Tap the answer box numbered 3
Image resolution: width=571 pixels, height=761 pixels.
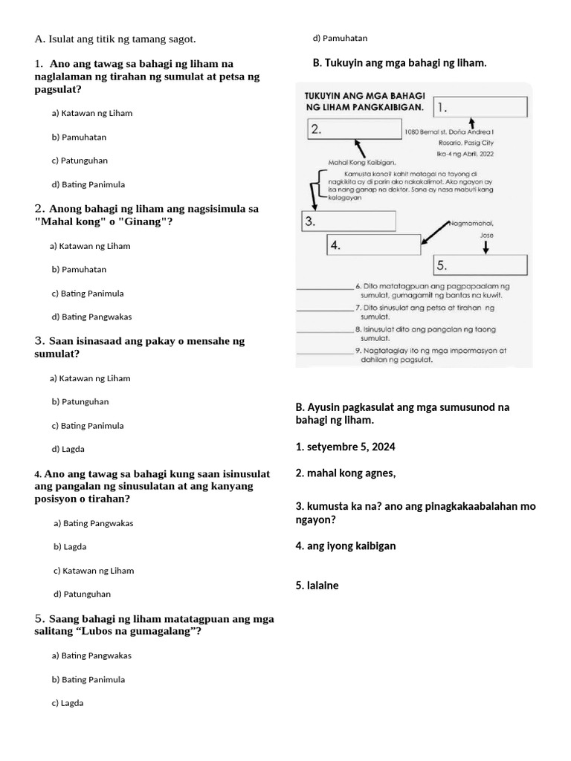tap(348, 221)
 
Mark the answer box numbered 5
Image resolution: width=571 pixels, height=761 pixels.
tap(480, 265)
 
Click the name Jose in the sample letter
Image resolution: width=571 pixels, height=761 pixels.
tap(487, 235)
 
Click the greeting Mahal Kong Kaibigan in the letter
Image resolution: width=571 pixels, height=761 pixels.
tap(362, 161)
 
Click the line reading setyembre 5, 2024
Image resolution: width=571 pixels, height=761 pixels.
tap(345, 447)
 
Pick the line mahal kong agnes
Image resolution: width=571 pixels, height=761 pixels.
tap(345, 473)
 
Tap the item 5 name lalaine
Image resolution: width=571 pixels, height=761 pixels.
tap(317, 586)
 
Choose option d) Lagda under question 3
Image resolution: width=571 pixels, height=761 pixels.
tap(68, 450)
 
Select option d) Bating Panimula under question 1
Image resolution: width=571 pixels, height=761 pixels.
tap(88, 184)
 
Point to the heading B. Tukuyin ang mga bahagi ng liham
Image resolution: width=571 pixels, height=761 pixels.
tap(400, 63)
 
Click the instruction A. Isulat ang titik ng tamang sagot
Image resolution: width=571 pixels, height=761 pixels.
tap(115, 39)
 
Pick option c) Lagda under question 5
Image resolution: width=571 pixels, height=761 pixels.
tap(68, 703)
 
